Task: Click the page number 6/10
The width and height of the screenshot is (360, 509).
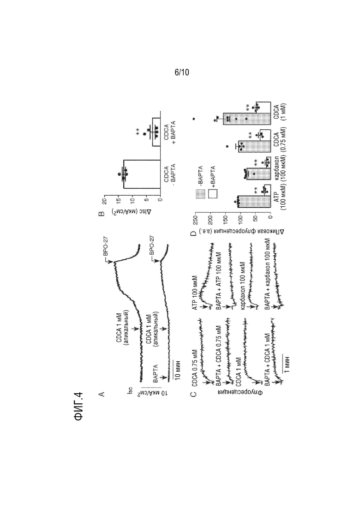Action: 182,72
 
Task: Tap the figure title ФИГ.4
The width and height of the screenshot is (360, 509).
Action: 79,407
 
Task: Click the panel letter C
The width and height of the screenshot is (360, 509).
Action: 193,394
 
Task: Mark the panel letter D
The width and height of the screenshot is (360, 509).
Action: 193,234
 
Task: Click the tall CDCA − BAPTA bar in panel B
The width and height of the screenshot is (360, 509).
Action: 142,174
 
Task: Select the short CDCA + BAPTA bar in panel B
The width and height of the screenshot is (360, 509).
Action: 156,132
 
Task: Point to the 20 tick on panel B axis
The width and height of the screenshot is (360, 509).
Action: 104,201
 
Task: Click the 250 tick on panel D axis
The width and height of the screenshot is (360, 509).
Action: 195,219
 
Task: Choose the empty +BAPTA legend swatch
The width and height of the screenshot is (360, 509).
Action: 213,194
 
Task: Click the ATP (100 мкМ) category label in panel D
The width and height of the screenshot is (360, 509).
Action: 280,197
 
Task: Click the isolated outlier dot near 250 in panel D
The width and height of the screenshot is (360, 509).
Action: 194,119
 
